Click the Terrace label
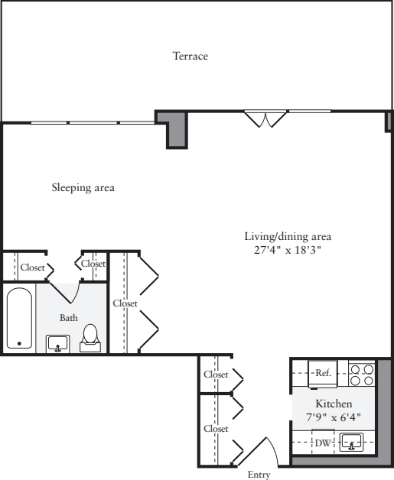pos(190,57)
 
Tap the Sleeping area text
pos(83,187)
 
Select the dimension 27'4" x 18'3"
pos(288,249)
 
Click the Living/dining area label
pos(288,235)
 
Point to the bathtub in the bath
pos(18,318)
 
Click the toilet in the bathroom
pos(90,337)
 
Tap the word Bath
pos(69,317)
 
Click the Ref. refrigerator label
pos(323,373)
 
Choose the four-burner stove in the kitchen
pos(361,374)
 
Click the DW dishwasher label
pos(323,442)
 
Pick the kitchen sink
pos(352,442)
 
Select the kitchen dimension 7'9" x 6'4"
pos(334,417)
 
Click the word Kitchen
pos(334,403)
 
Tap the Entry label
pos(259,475)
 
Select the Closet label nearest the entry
pos(216,429)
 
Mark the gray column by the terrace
pos(177,129)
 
